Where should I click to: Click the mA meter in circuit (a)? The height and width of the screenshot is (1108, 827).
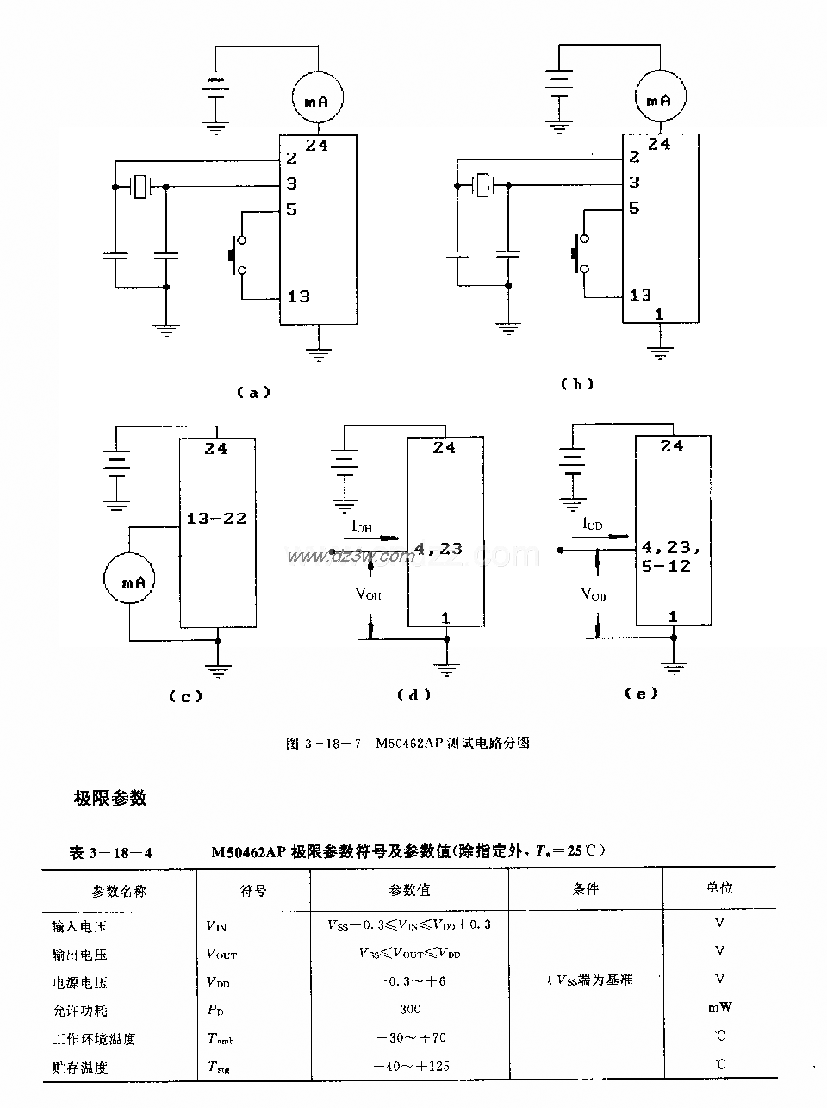tap(317, 101)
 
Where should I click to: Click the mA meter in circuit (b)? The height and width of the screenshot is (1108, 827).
tap(659, 100)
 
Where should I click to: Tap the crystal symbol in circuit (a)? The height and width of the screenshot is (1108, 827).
tap(140, 186)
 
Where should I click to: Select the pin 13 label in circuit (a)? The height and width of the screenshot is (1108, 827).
tap(298, 296)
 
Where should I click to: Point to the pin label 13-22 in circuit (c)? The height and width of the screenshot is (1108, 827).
tap(216, 518)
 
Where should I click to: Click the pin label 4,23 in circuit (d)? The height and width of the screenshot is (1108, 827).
tap(438, 548)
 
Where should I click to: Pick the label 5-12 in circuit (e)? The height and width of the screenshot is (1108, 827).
tap(666, 566)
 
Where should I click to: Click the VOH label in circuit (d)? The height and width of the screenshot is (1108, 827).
tap(369, 594)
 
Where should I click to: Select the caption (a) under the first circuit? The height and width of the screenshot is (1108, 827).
tap(252, 392)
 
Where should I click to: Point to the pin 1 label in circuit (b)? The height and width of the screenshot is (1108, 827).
tap(659, 314)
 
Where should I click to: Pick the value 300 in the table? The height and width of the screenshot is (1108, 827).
tap(410, 1009)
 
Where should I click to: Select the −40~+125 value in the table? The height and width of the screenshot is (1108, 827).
tap(411, 1066)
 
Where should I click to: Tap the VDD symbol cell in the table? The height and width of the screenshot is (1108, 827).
tap(218, 981)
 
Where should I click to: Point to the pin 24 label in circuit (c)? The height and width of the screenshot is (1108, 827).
tap(216, 448)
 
